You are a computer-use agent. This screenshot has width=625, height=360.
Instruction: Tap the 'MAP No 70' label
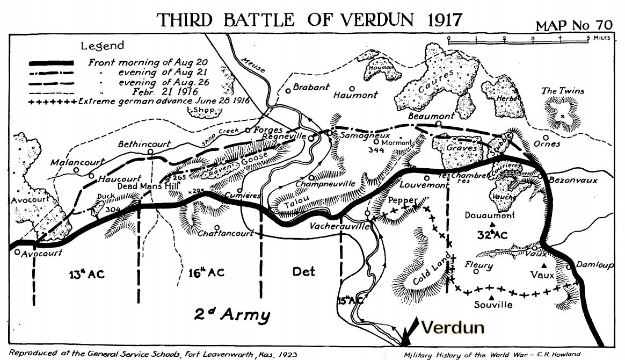[577, 26]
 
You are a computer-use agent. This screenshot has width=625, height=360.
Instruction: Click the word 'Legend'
[102, 46]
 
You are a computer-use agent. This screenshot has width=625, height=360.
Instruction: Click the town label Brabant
[311, 87]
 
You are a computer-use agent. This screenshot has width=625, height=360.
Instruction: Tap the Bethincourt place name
[144, 144]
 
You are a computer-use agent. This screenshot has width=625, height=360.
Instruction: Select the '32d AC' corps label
[492, 235]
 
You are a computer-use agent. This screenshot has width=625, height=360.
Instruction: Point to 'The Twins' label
[562, 91]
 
